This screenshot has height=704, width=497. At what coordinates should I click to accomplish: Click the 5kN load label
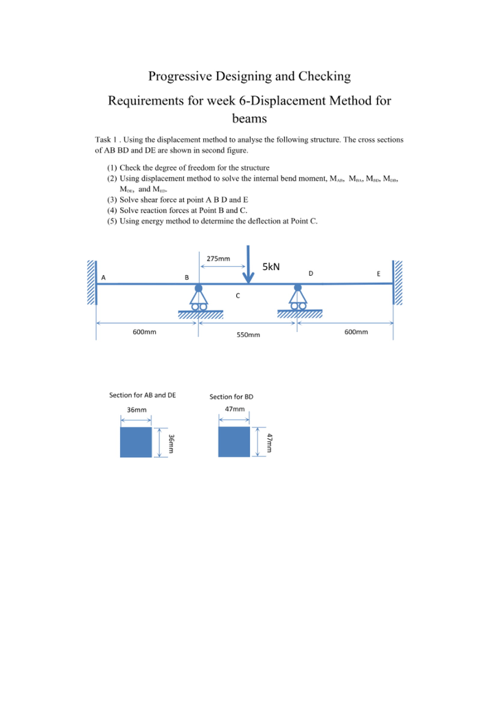pos(271,266)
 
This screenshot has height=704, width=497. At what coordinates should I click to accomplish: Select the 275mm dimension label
pos(218,258)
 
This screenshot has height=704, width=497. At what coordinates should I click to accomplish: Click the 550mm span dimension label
pos(248,335)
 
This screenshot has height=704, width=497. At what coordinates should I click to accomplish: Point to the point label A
pos(104,277)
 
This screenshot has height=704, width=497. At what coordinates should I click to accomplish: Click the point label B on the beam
pos(187,277)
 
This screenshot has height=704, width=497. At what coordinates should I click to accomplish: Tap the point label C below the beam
pos(238,296)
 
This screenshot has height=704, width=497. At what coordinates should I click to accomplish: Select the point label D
pos(311,274)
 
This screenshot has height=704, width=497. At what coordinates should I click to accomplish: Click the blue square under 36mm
pos(135,442)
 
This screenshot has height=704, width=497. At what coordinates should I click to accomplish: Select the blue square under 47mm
pos(234,441)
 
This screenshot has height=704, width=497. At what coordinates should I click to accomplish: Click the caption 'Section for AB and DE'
pos(143,395)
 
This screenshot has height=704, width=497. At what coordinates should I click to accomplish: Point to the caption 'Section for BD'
pos(231,397)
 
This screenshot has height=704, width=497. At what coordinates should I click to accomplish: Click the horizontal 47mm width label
pos(235,409)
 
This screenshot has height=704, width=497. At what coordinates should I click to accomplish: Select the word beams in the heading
pos(248,118)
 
